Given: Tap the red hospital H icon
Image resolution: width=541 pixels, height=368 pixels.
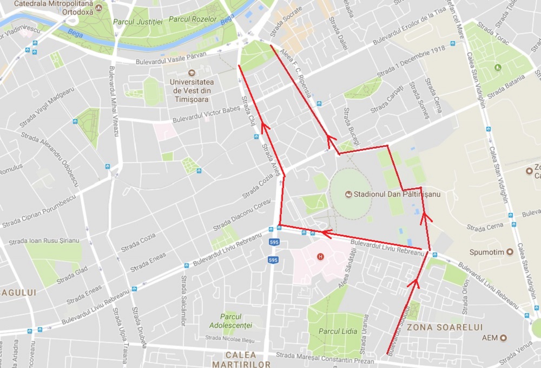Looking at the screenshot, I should (321, 256).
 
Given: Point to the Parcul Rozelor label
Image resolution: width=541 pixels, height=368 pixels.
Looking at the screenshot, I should (193, 20).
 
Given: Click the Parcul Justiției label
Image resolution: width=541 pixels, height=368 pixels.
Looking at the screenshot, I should (138, 22).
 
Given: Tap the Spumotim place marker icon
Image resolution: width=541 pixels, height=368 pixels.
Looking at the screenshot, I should (510, 252).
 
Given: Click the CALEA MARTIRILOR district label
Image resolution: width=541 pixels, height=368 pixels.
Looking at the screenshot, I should (241, 360).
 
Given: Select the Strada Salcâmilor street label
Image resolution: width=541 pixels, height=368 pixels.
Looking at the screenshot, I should (183, 301).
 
